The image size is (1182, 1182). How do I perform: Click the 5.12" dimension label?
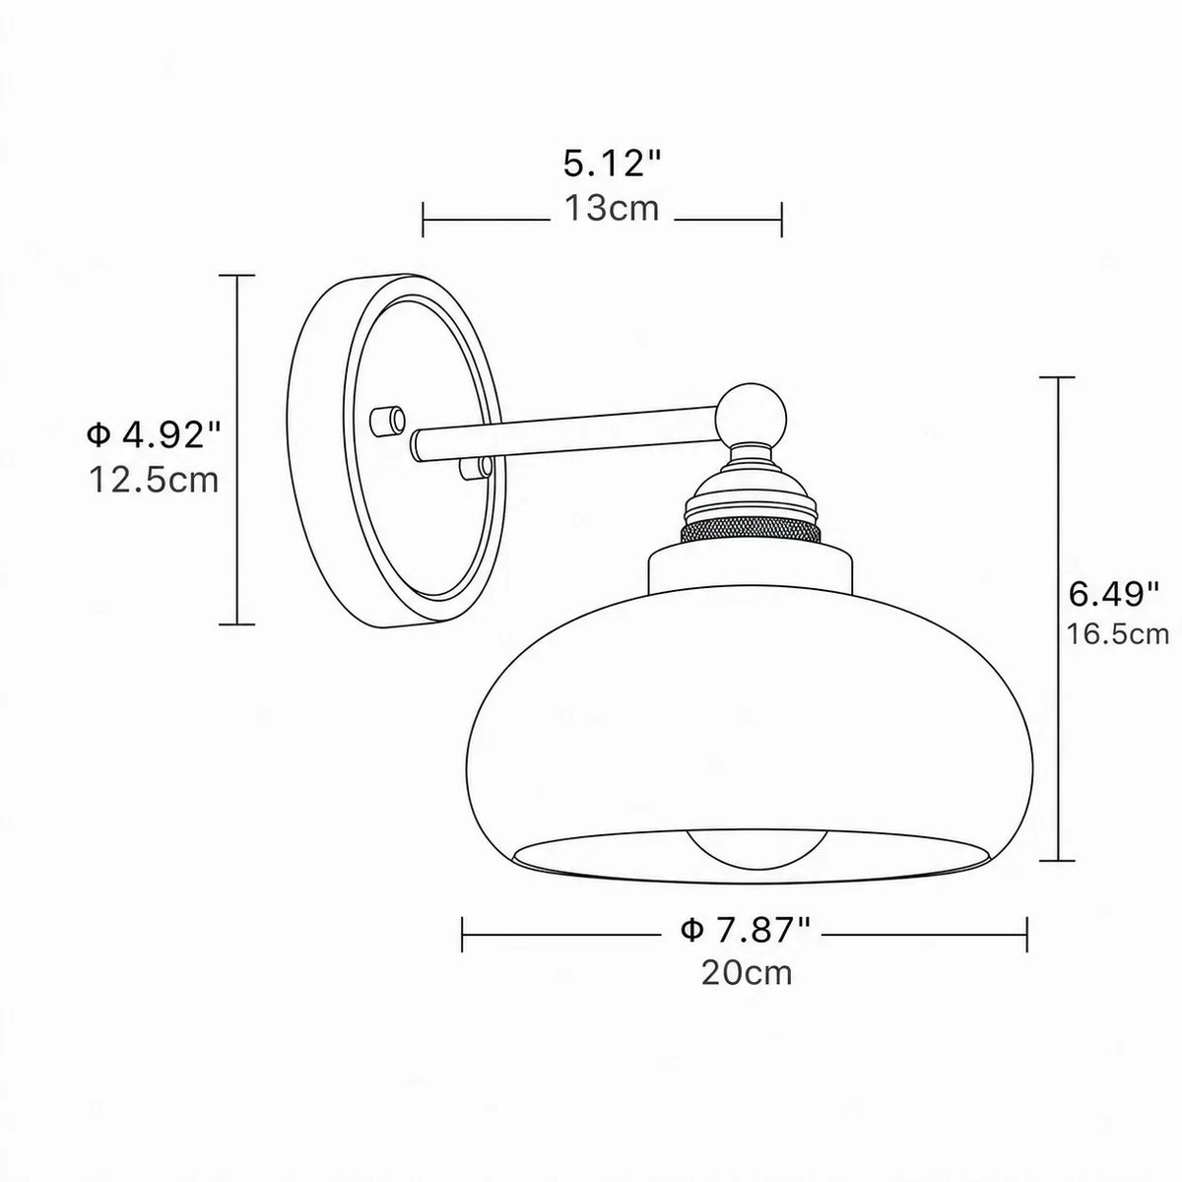click(613, 165)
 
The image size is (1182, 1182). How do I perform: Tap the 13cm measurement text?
click(612, 209)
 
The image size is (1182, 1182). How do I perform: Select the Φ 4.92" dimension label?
click(153, 435)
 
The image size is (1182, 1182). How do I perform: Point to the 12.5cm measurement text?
click(154, 480)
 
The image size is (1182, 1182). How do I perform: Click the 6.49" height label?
click(1114, 594)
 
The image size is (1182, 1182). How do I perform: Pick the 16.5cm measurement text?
click(1118, 635)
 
